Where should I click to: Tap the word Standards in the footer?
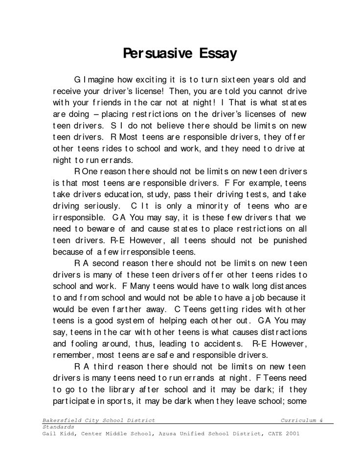(x=58, y=427)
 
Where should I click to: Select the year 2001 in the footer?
(x=291, y=433)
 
